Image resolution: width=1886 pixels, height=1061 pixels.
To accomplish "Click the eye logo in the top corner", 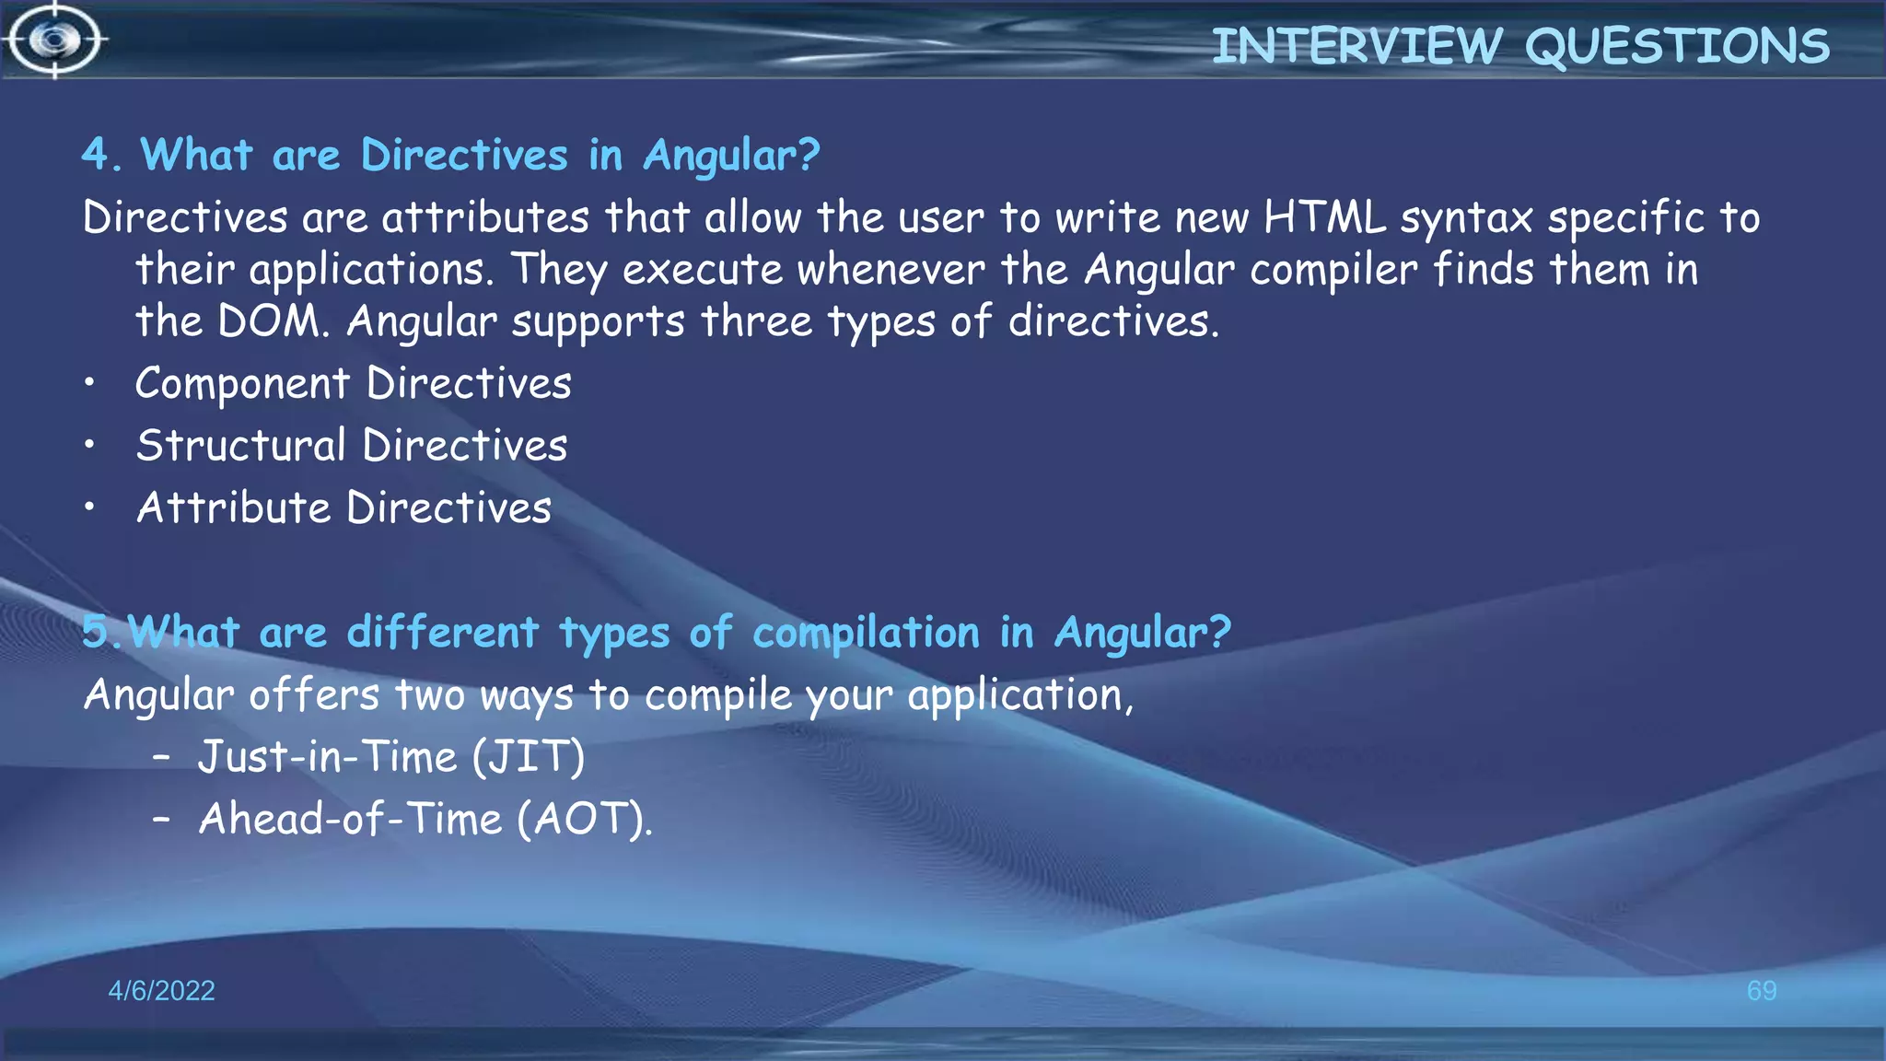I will pos(55,41).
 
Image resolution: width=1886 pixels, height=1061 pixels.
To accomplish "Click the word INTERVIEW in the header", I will pos(1356,46).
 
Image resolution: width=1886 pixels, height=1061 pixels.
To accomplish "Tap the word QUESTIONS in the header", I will pos(1677,46).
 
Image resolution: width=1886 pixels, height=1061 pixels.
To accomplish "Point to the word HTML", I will pos(1324,218).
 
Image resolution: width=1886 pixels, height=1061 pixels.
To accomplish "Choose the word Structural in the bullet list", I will pos(240,446).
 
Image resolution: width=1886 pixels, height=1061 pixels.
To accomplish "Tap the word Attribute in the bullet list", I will pos(233,507).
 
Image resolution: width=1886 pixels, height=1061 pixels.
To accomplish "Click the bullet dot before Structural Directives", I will pos(89,446).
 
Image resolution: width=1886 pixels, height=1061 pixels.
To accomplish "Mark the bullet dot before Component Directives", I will pos(89,384).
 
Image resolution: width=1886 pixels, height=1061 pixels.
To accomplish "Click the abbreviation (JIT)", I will pos(529,757).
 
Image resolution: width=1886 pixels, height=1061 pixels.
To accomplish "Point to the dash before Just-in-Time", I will pos(162,757).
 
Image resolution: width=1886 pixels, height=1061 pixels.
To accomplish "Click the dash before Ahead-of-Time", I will pos(162,819).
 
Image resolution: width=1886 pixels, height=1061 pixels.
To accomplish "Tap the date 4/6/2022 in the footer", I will pos(161,991).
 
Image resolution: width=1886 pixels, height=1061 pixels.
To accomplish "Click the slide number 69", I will pos(1762,991).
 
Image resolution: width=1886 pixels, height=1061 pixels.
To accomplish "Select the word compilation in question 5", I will pos(866,634).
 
